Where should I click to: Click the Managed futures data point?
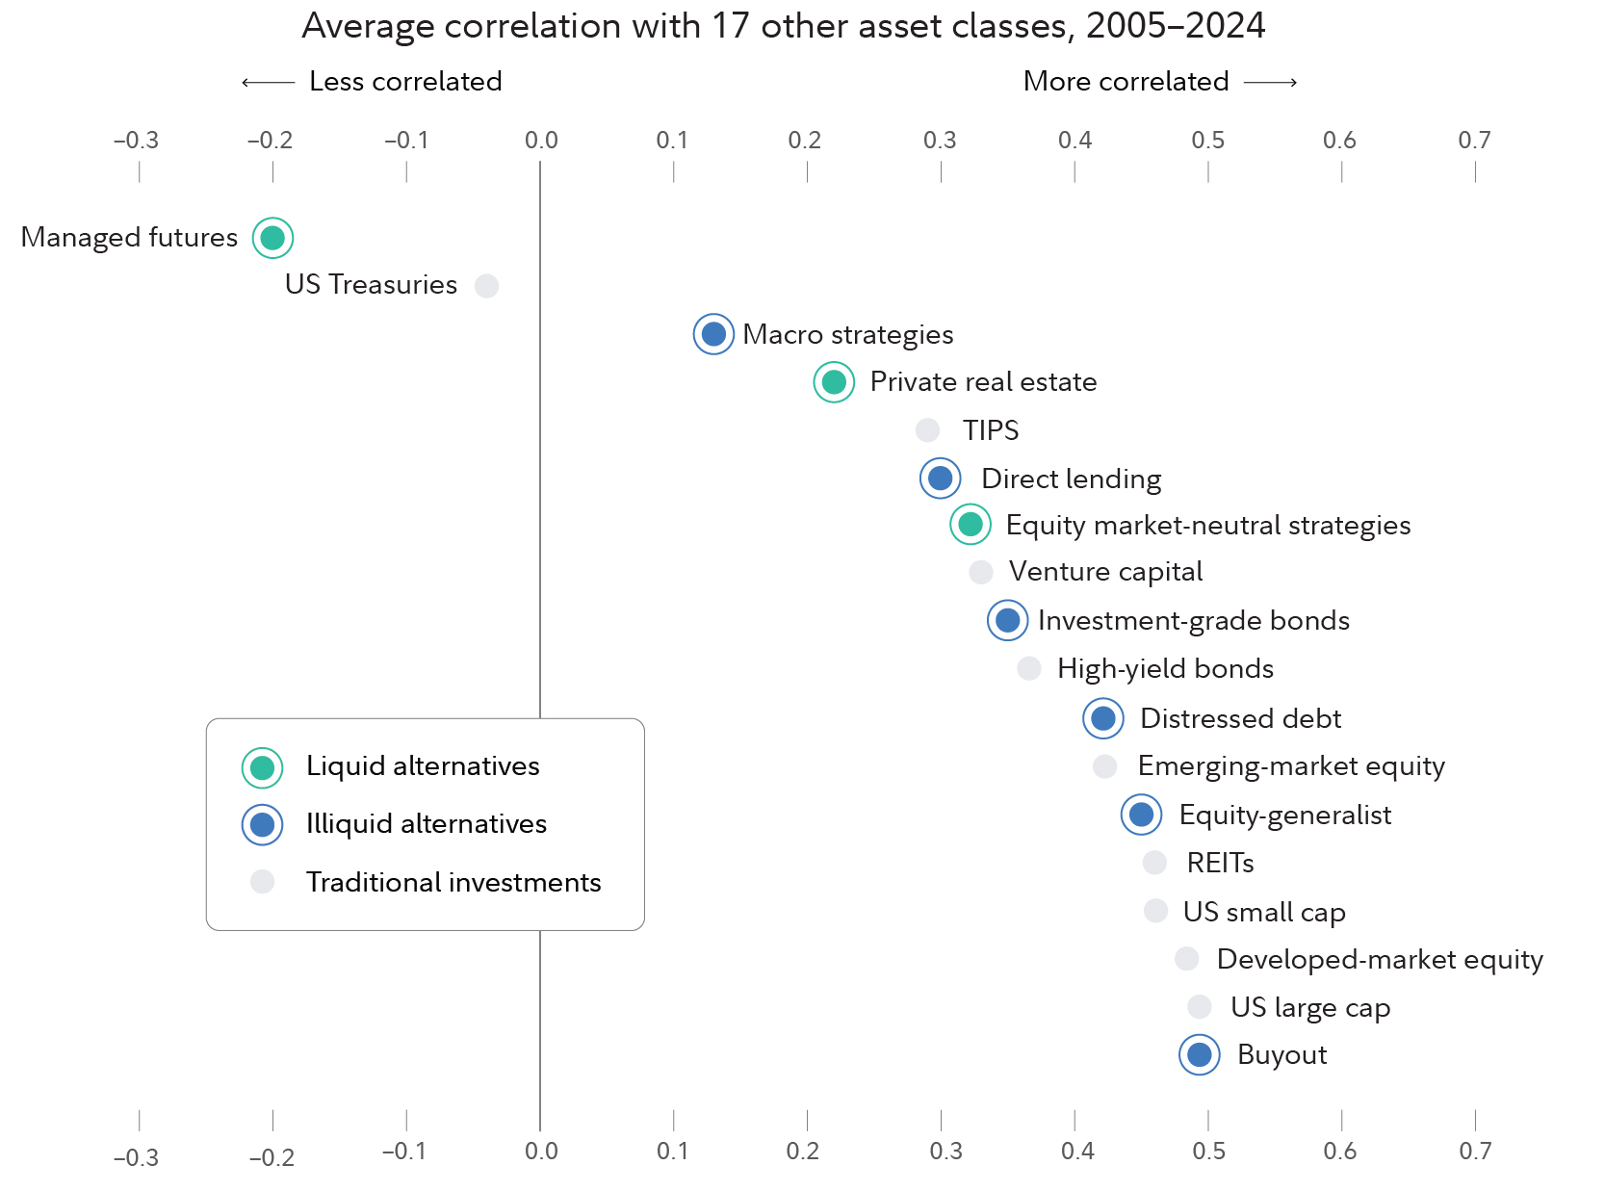pyautogui.click(x=272, y=238)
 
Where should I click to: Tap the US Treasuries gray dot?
pyautogui.click(x=486, y=286)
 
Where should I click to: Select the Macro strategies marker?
pyautogui.click(x=713, y=334)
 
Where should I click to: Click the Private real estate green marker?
pyautogui.click(x=834, y=382)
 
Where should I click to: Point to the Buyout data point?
pyautogui.click(x=1199, y=1055)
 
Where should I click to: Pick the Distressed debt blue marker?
pyautogui.click(x=1103, y=718)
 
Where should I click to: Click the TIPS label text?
pyautogui.click(x=990, y=430)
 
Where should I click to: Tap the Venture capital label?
pyautogui.click(x=1105, y=572)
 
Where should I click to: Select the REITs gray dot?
pyautogui.click(x=1154, y=863)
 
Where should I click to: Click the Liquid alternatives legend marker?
pyautogui.click(x=262, y=767)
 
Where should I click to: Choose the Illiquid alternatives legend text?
pyautogui.click(x=426, y=824)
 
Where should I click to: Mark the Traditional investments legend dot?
pyautogui.click(x=262, y=882)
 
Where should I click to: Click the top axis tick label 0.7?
pyautogui.click(x=1474, y=141)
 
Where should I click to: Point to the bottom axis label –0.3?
pyautogui.click(x=137, y=1157)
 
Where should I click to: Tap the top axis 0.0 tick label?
pyautogui.click(x=541, y=141)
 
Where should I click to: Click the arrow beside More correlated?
pyautogui.click(x=1270, y=83)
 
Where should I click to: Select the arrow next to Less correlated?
pyautogui.click(x=268, y=83)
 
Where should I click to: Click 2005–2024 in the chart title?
pyautogui.click(x=1175, y=26)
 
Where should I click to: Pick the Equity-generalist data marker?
pyautogui.click(x=1141, y=815)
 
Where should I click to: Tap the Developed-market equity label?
pyautogui.click(x=1379, y=960)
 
